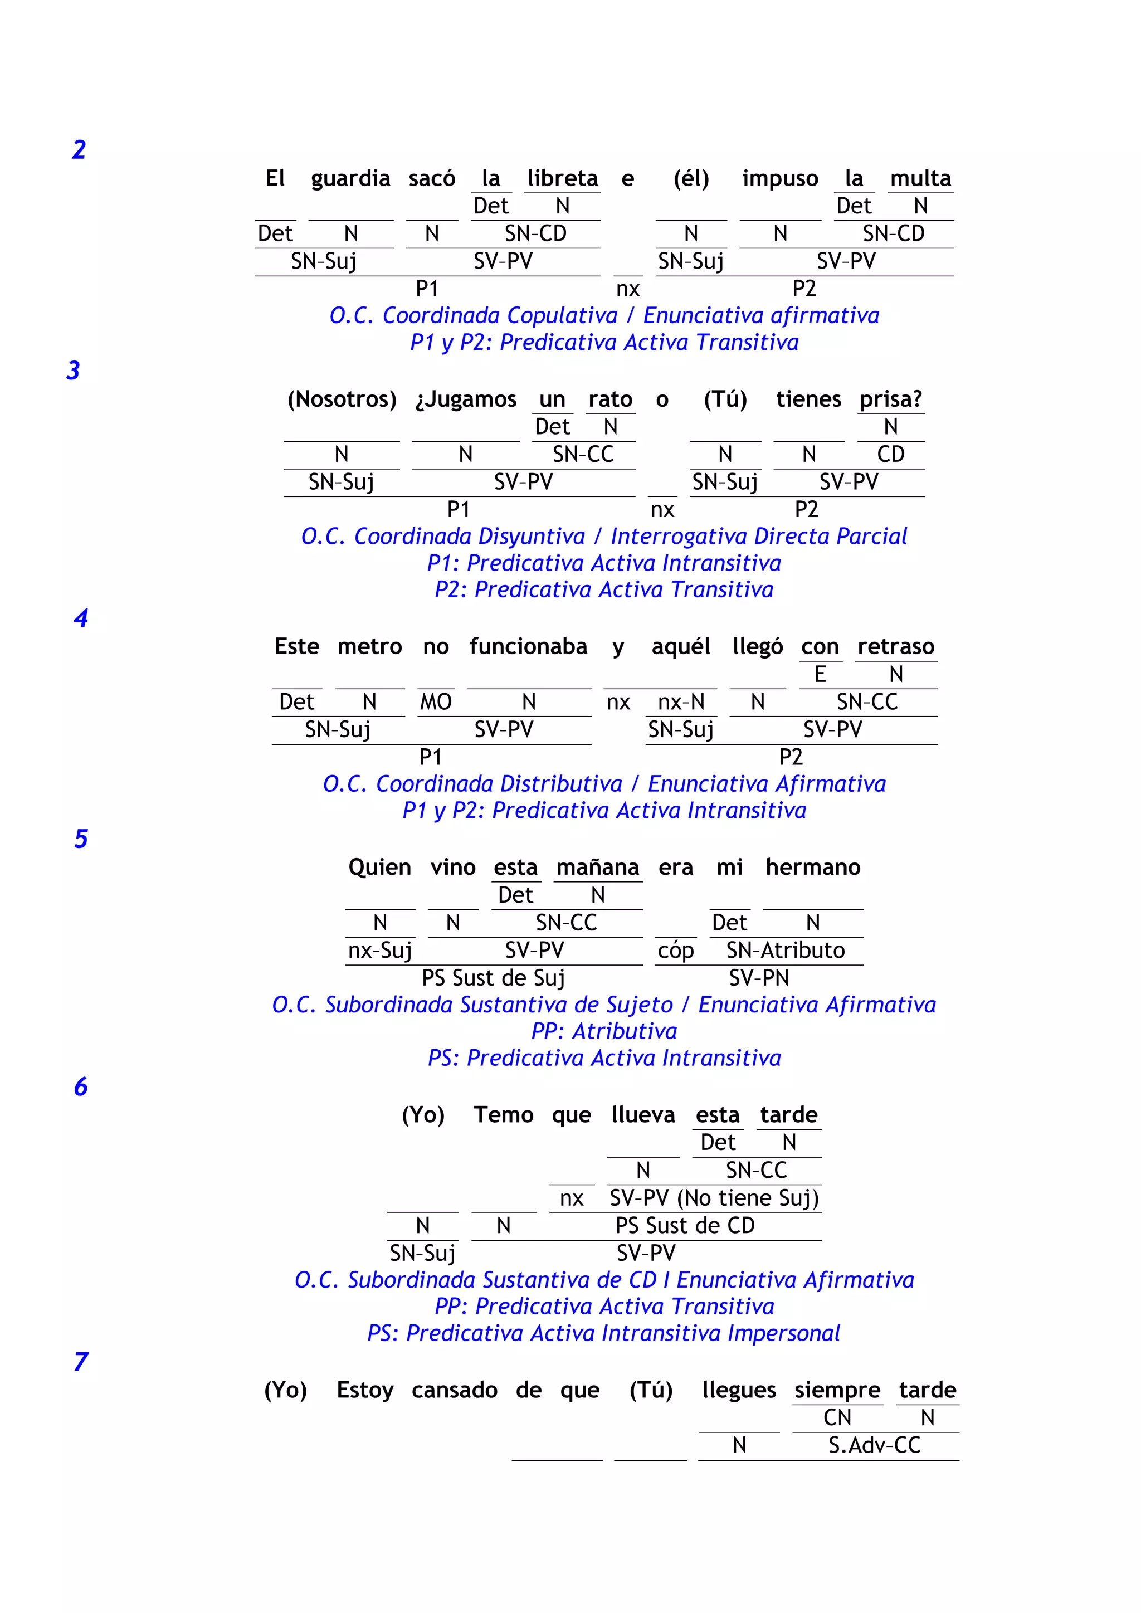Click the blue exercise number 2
tap(79, 150)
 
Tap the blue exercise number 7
tap(81, 1362)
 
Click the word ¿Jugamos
tap(466, 399)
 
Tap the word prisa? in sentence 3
tap(891, 399)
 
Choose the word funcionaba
tap(528, 647)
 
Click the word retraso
tap(896, 647)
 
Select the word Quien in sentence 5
tap(379, 868)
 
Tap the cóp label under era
tap(675, 951)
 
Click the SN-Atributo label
tap(786, 951)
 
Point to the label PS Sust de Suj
tap(493, 978)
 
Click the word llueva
tap(643, 1115)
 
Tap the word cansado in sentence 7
tap(455, 1390)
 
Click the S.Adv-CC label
tap(875, 1446)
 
